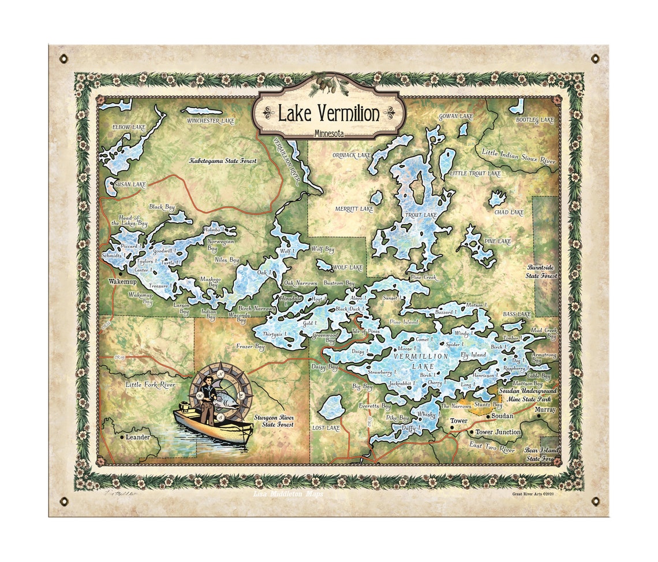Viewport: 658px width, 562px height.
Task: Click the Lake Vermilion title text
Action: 329,113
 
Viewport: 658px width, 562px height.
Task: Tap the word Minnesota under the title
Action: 329,134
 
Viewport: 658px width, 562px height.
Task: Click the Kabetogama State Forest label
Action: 223,161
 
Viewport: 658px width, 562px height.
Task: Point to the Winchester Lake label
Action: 211,121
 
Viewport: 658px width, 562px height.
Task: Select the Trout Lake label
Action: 421,215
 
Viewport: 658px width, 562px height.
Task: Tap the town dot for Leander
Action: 122,437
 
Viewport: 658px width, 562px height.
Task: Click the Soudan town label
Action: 502,416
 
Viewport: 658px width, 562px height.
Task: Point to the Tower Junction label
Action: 498,432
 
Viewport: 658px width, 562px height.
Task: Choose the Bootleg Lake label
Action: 534,120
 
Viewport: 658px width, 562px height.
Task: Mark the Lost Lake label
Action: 326,428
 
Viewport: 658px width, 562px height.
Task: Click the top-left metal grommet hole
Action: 63,58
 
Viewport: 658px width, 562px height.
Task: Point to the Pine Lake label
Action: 498,240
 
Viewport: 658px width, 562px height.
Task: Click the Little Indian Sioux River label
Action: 518,156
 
